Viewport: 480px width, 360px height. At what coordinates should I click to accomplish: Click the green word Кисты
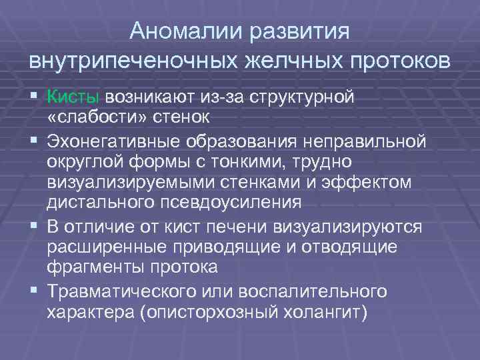pos(73,97)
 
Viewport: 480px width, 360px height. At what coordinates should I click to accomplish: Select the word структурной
pos(309,97)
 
